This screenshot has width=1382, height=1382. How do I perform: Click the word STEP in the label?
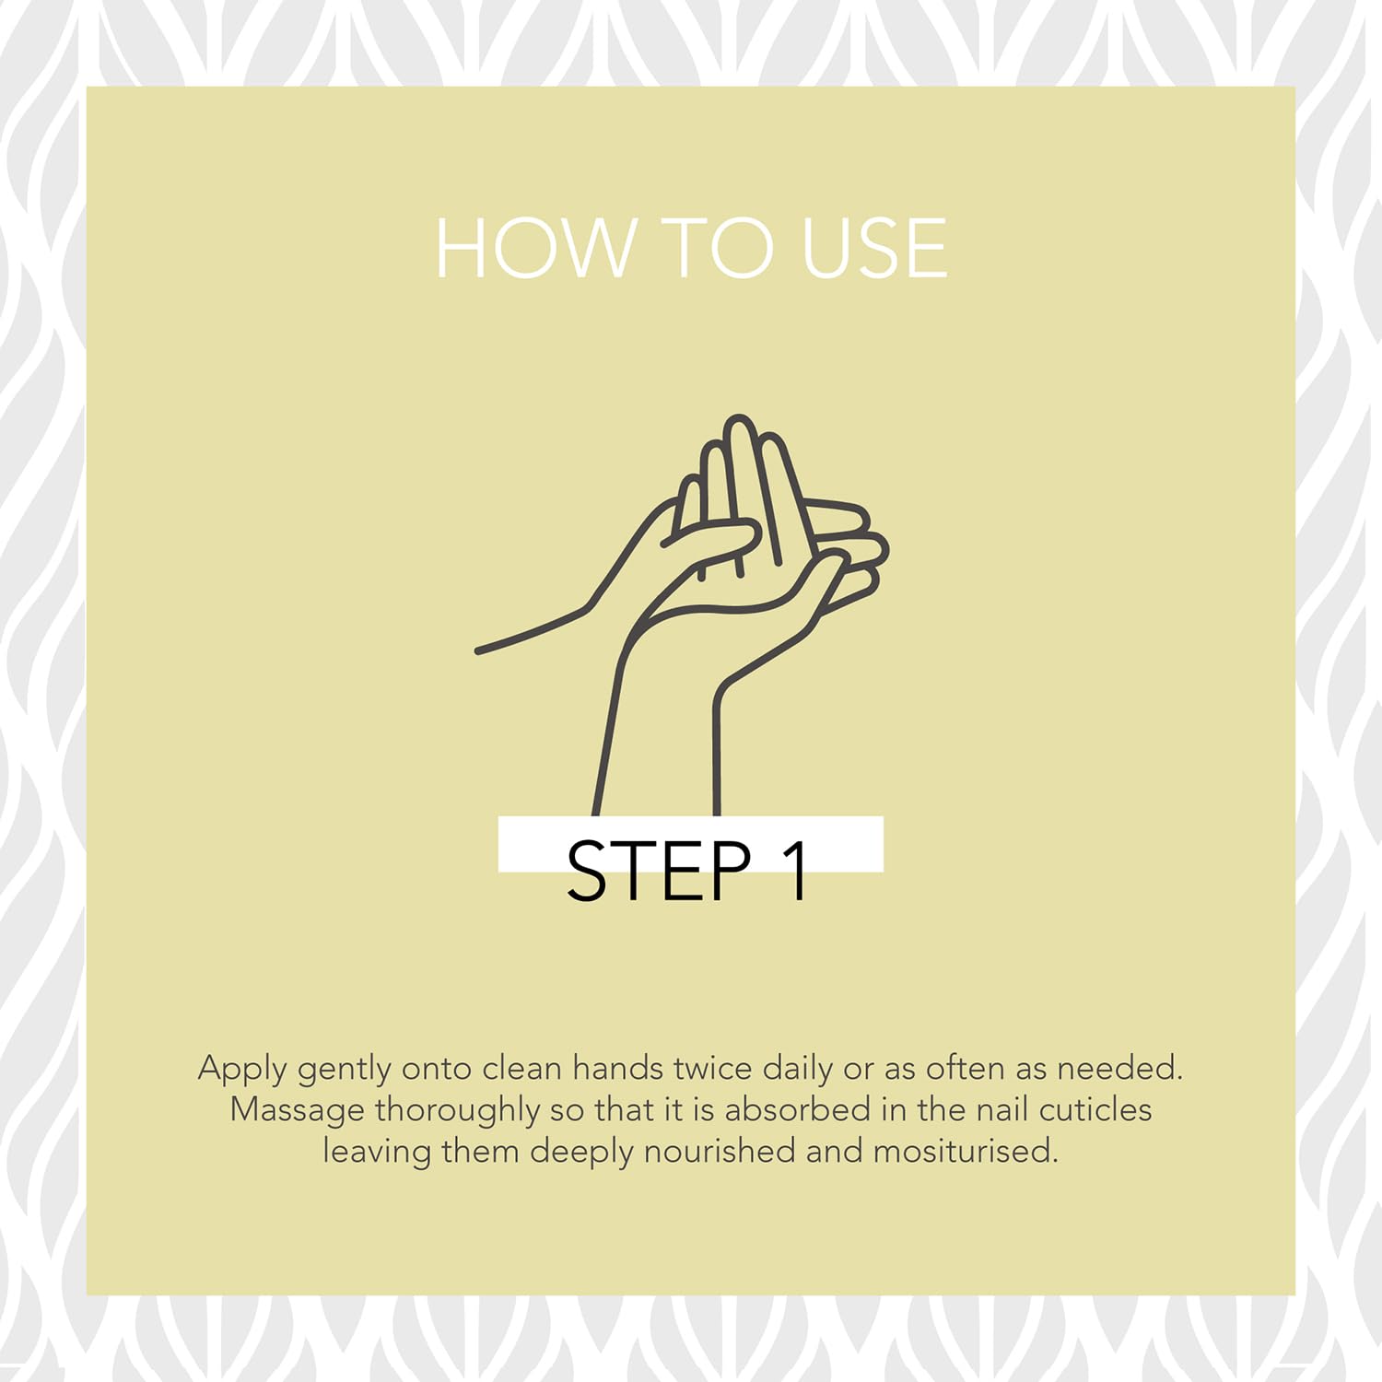coord(660,871)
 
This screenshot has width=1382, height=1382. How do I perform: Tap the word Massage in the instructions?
coord(297,1111)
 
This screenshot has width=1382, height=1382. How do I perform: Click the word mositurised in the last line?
coord(966,1151)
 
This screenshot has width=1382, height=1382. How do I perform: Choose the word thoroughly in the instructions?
coord(456,1111)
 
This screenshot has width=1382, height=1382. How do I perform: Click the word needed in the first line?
coord(1119,1068)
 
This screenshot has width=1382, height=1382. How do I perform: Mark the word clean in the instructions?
coord(521,1068)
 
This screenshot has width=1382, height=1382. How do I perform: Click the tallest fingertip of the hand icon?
coord(739,421)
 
